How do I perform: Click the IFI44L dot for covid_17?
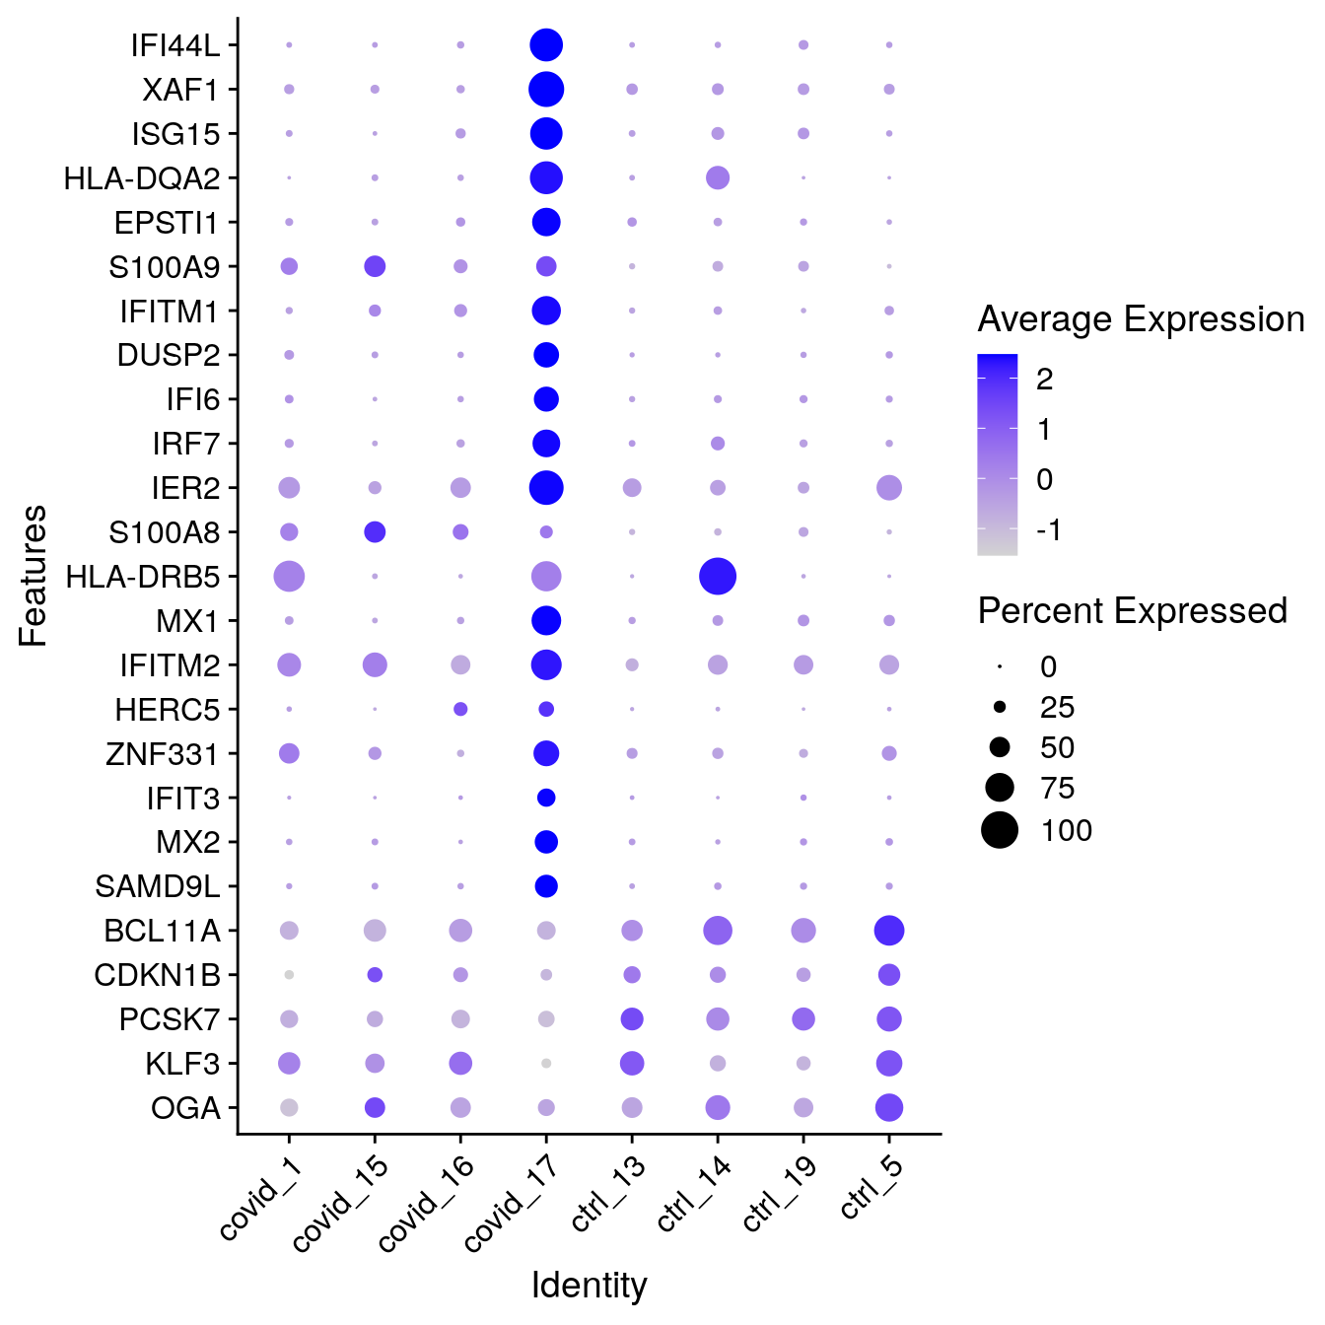tap(546, 44)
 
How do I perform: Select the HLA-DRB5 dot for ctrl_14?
tap(718, 576)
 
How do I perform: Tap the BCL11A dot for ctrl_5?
tap(889, 930)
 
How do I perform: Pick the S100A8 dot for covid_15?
tap(375, 532)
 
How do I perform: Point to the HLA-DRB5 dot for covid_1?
tap(289, 576)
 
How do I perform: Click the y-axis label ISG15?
tap(176, 134)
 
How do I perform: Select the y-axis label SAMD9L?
tap(158, 886)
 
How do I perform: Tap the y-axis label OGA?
tap(185, 1108)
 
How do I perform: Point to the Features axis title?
tap(34, 576)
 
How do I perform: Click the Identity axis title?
tap(589, 1286)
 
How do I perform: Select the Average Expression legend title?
tap(1141, 319)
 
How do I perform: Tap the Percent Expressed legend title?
tap(1132, 611)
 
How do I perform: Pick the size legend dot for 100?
tap(1000, 830)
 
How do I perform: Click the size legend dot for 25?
tap(1000, 707)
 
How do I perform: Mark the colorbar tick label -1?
tap(1049, 530)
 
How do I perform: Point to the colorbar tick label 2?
tap(1045, 379)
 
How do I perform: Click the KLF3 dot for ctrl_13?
tap(632, 1064)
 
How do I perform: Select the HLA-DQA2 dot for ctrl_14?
tap(718, 178)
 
